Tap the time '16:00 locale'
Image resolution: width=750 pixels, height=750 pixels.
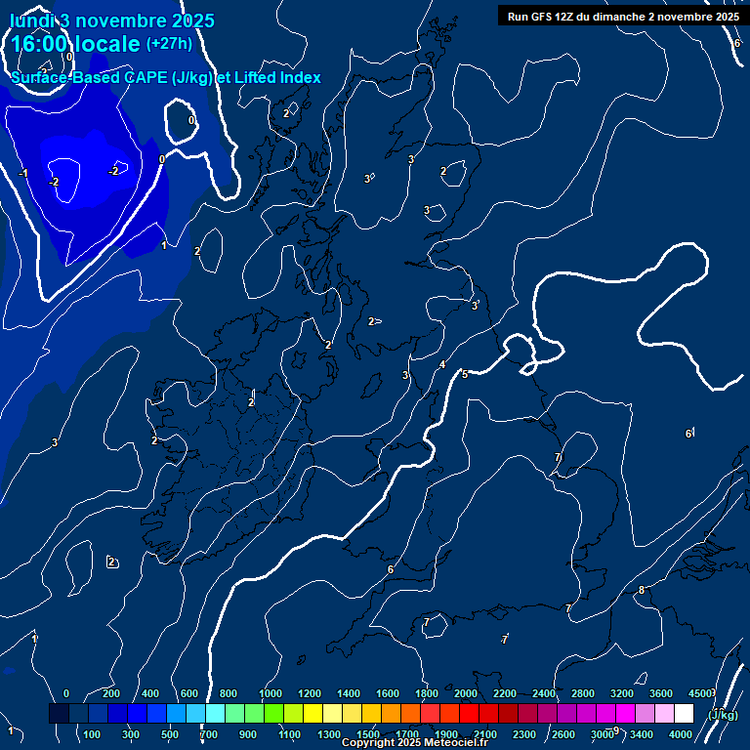(76, 44)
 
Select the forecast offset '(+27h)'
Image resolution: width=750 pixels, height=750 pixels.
(169, 44)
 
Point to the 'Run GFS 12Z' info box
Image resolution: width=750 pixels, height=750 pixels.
(622, 16)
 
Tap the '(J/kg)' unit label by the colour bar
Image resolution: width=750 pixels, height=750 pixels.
(722, 714)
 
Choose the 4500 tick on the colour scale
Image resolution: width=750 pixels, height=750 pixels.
(700, 693)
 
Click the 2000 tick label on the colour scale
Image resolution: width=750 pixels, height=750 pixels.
(466, 693)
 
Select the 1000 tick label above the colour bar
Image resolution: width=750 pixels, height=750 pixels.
(271, 693)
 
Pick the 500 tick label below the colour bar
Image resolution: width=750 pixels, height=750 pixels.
(170, 734)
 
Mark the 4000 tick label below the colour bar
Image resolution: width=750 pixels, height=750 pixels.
(682, 734)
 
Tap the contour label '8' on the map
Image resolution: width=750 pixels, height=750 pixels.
(642, 590)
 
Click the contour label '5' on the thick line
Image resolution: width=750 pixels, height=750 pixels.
(465, 374)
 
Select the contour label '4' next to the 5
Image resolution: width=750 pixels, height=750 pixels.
(442, 364)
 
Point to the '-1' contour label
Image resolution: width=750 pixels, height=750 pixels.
(22, 174)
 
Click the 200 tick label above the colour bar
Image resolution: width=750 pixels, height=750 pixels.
(110, 693)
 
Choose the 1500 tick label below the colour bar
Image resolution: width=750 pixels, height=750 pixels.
(368, 734)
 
